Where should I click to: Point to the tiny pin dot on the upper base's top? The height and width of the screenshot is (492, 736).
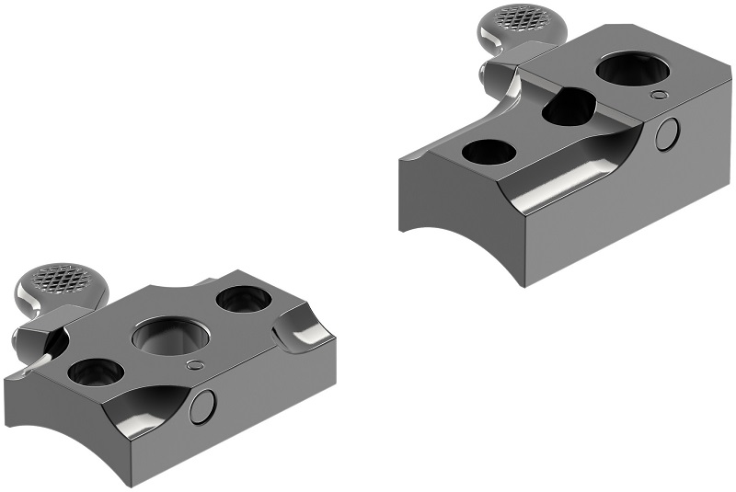click(x=659, y=94)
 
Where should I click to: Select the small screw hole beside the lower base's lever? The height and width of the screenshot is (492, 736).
click(x=94, y=372)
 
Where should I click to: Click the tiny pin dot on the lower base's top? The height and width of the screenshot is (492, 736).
click(x=192, y=365)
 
